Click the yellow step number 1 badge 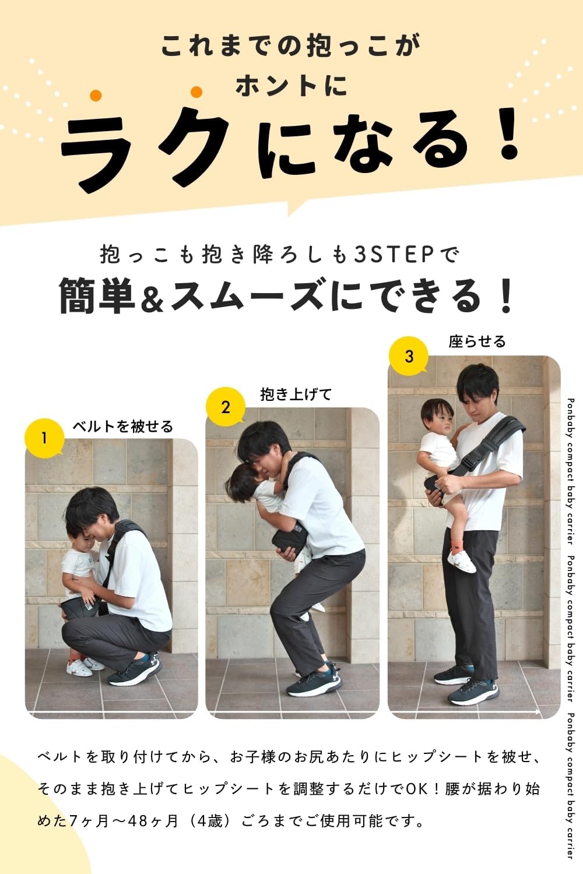[44, 437]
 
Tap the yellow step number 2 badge [226, 406]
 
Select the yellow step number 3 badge [409, 356]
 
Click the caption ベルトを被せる [122, 427]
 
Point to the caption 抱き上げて [296, 394]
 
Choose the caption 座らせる [477, 341]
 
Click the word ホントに [291, 86]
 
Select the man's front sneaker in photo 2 [314, 684]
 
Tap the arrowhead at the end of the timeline [537, 712]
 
